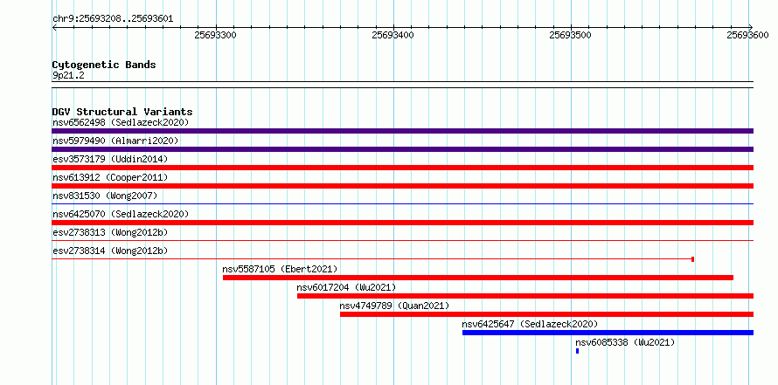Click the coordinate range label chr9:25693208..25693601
(x=113, y=19)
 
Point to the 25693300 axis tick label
(x=216, y=35)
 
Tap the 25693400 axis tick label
(x=393, y=35)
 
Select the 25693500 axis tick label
(x=570, y=35)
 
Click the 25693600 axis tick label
(x=747, y=35)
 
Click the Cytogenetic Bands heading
(x=104, y=65)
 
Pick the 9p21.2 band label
(x=69, y=76)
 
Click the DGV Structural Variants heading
(x=122, y=112)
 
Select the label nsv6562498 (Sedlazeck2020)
(x=121, y=122)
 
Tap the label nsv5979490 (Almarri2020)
(x=115, y=141)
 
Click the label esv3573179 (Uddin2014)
(x=110, y=159)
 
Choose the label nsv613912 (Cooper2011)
(x=110, y=177)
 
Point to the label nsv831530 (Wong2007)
(x=105, y=196)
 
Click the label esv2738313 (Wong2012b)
(x=110, y=232)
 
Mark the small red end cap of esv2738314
(x=692, y=259)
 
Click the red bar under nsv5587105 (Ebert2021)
(x=478, y=278)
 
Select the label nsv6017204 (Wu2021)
(x=346, y=287)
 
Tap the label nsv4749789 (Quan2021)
(x=394, y=306)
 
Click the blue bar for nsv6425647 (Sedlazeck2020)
(x=608, y=333)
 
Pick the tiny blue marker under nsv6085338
(x=577, y=351)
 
